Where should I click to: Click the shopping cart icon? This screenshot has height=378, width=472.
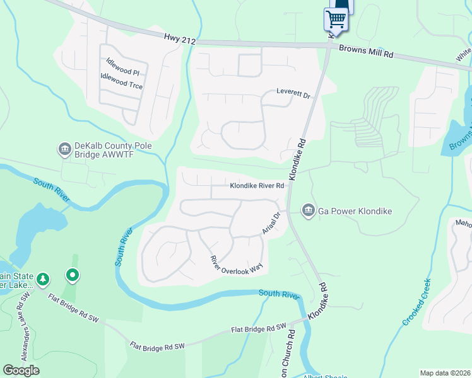pos(336,20)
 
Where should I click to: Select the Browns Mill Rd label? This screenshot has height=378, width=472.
pos(366,52)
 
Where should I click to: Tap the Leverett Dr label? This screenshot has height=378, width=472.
pos(294,94)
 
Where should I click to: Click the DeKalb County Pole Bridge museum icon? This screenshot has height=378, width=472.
pos(64,149)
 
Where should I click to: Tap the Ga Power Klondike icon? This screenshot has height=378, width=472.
pos(308,210)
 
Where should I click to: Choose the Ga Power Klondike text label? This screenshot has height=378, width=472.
pos(355,211)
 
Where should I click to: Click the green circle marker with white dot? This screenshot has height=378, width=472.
pos(73,275)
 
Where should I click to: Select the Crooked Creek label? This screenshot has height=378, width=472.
pos(417,302)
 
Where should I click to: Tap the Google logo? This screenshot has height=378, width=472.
pos(21,370)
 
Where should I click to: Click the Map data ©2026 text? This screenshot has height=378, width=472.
pos(445,373)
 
